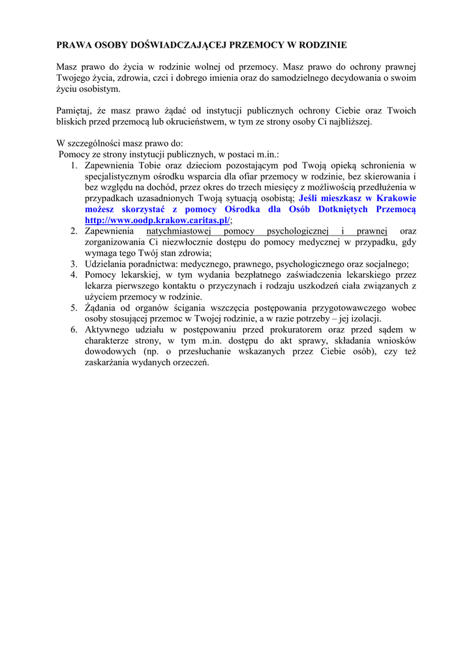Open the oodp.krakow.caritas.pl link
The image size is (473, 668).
pos(157,220)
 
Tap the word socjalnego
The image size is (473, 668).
pos(385,264)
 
